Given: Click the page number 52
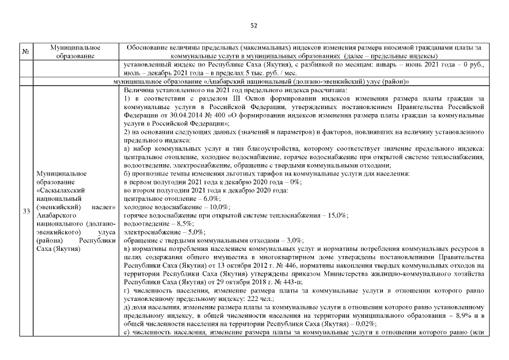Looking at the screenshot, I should click(x=254, y=25).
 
